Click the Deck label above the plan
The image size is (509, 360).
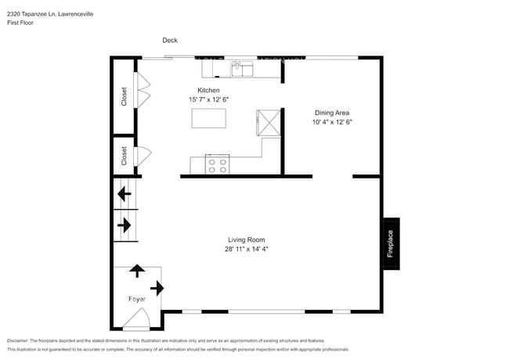pyautogui.click(x=170, y=41)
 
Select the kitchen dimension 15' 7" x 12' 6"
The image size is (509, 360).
pyautogui.click(x=208, y=100)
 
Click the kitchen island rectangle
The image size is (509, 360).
pyautogui.click(x=208, y=118)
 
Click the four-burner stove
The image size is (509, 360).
pyautogui.click(x=217, y=164)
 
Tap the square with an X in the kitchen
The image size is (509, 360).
pyautogui.click(x=269, y=123)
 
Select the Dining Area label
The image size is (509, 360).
pyautogui.click(x=332, y=113)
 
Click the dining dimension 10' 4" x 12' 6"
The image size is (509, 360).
pyautogui.click(x=332, y=122)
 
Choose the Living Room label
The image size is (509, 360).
pyautogui.click(x=247, y=239)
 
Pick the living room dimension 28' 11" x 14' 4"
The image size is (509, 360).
pyautogui.click(x=247, y=249)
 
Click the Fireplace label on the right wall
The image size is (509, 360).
pyautogui.click(x=390, y=243)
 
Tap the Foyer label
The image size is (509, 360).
pyautogui.click(x=137, y=299)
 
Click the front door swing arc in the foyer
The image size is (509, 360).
pyautogui.click(x=137, y=319)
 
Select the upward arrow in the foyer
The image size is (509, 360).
pyautogui.click(x=137, y=271)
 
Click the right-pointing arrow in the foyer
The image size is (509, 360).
pyautogui.click(x=157, y=288)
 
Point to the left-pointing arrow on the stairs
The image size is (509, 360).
pyautogui.click(x=123, y=193)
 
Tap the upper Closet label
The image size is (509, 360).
pyautogui.click(x=124, y=95)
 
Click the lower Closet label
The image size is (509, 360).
pyautogui.click(x=124, y=156)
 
